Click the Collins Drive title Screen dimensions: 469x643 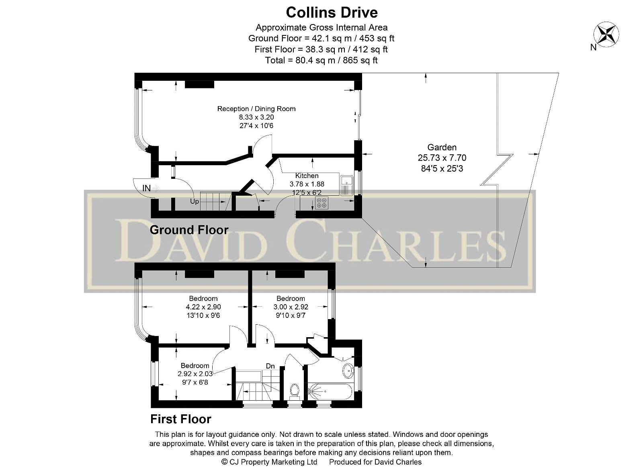[x=332, y=12]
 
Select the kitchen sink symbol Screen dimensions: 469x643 [x=346, y=186]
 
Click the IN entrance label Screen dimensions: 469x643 [x=147, y=188]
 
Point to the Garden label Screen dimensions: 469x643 [x=442, y=147]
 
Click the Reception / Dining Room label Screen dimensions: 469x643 [x=256, y=109]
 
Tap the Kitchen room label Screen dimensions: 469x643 [x=307, y=176]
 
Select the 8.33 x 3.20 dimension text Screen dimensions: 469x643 [x=256, y=117]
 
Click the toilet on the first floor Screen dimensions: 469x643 [x=295, y=390]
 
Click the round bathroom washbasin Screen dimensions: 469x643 [x=348, y=370]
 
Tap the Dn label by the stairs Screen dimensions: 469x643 [x=270, y=366]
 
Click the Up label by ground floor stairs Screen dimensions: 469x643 [x=195, y=201]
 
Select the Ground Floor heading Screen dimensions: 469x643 [x=189, y=230]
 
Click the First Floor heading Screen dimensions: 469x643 [x=180, y=419]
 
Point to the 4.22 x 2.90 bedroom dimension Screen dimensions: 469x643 [x=203, y=307]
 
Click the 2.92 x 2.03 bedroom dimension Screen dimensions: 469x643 [x=195, y=374]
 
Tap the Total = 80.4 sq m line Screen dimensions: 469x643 [x=321, y=60]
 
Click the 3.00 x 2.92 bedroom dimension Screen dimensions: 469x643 [x=291, y=307]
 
